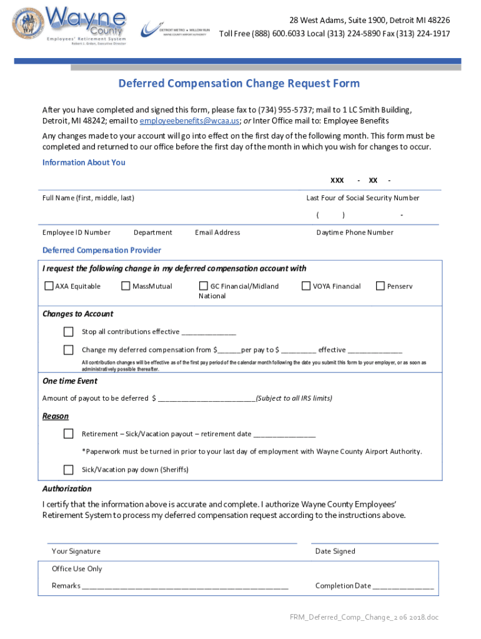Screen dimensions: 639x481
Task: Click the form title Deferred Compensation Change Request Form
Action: (239, 84)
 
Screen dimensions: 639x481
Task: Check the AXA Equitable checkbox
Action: (49, 286)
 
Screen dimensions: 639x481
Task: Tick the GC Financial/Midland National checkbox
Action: (204, 286)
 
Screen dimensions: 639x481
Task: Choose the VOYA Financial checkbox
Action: (306, 286)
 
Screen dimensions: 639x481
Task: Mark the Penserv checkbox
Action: (380, 286)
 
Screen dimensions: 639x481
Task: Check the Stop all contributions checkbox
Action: (69, 331)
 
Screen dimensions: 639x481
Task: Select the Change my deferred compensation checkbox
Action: (69, 350)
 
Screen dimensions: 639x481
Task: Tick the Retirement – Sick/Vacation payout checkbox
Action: (69, 434)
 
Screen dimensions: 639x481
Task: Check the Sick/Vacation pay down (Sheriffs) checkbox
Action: (69, 469)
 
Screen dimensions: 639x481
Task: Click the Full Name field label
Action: (88, 198)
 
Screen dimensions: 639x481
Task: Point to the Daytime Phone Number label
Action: (355, 233)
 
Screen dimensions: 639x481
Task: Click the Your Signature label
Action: (76, 552)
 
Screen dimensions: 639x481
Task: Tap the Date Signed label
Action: (335, 552)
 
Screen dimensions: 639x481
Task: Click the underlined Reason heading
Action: (56, 416)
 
